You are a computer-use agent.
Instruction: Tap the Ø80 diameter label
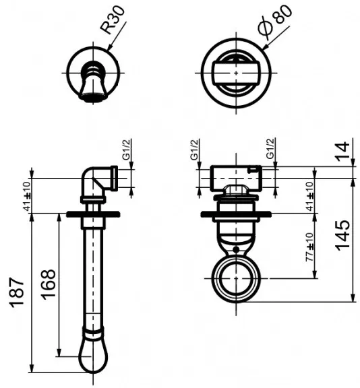[275, 22]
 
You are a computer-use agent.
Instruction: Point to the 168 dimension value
[49, 284]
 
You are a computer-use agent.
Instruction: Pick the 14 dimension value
[343, 151]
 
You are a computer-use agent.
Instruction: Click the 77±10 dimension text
[310, 247]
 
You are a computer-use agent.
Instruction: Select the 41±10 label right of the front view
[310, 197]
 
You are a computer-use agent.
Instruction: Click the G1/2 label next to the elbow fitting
[126, 150]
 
